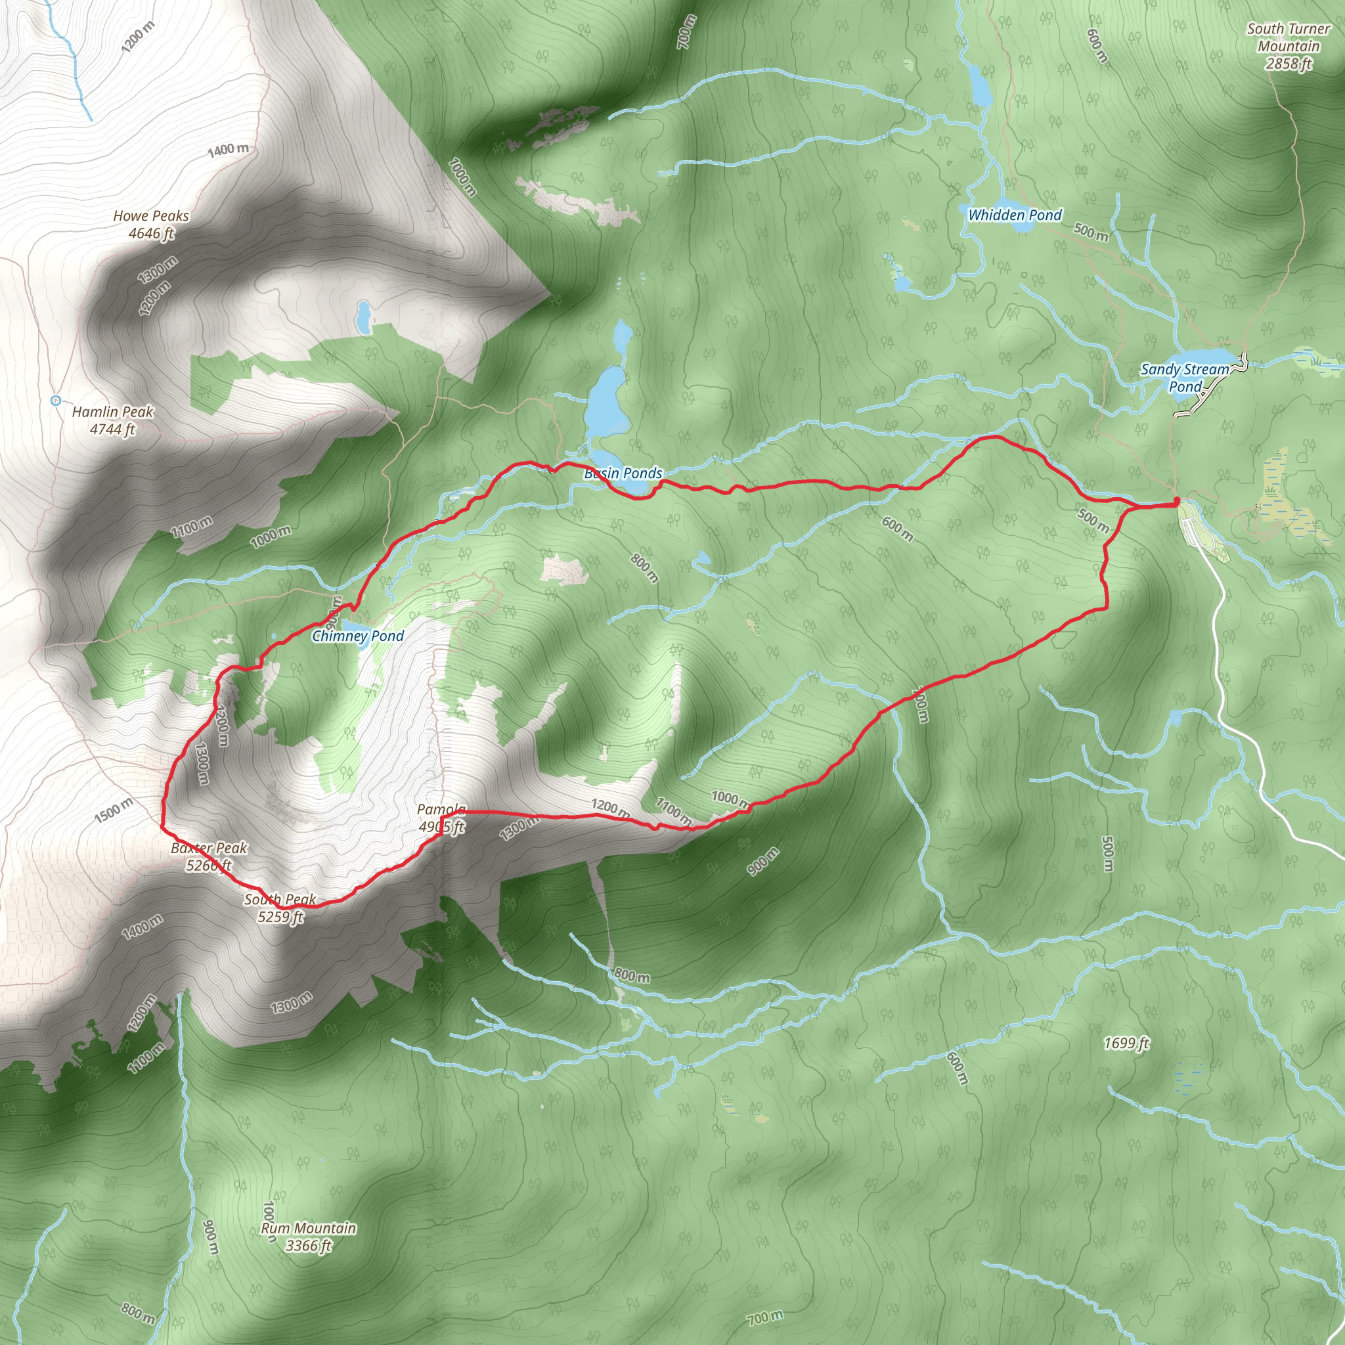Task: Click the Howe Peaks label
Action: (151, 225)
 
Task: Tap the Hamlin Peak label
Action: (112, 420)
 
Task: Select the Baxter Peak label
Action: (209, 856)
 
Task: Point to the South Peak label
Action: (280, 908)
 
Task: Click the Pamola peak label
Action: (441, 817)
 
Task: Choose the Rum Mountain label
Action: (309, 1237)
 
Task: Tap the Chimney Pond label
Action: (358, 636)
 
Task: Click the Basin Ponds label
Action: (623, 474)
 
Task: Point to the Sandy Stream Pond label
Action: (1185, 378)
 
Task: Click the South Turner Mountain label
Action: (1288, 46)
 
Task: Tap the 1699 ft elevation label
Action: (1126, 1043)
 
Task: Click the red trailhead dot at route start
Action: (1176, 500)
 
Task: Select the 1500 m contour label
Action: (113, 810)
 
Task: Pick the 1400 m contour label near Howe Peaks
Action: (229, 150)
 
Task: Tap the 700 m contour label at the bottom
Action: (765, 1317)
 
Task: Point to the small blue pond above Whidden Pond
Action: (979, 86)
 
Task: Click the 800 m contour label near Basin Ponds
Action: (645, 568)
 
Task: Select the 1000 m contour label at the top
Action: (462, 177)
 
